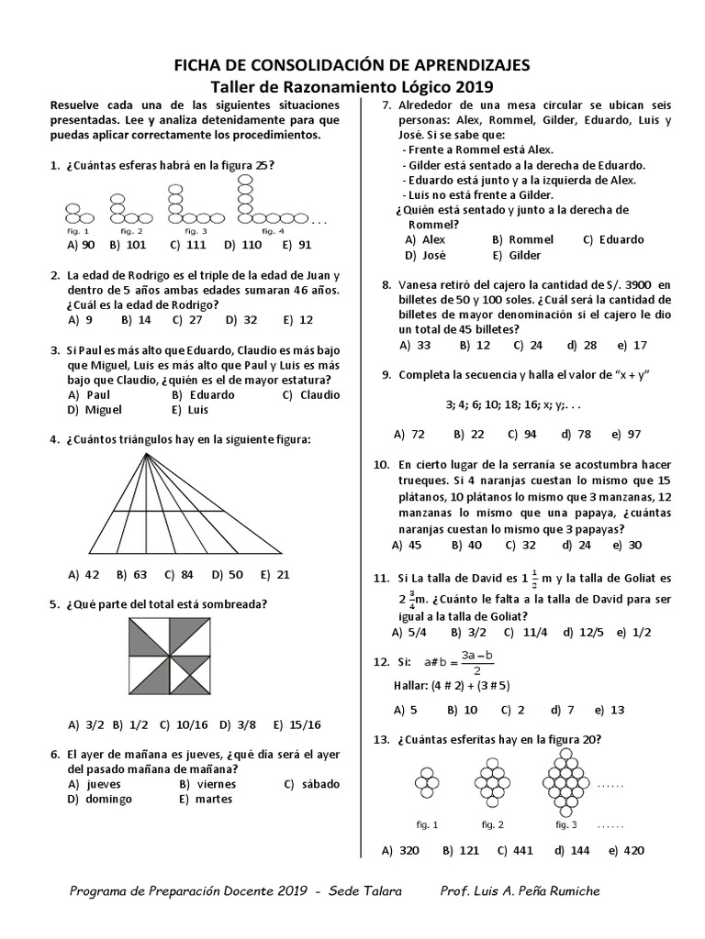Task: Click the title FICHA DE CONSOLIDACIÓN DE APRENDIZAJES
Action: click(352, 65)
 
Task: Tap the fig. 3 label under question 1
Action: click(197, 231)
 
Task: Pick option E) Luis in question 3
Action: click(191, 410)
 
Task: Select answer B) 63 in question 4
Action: click(130, 575)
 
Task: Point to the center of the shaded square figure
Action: click(169, 657)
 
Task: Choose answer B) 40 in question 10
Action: click(466, 545)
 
